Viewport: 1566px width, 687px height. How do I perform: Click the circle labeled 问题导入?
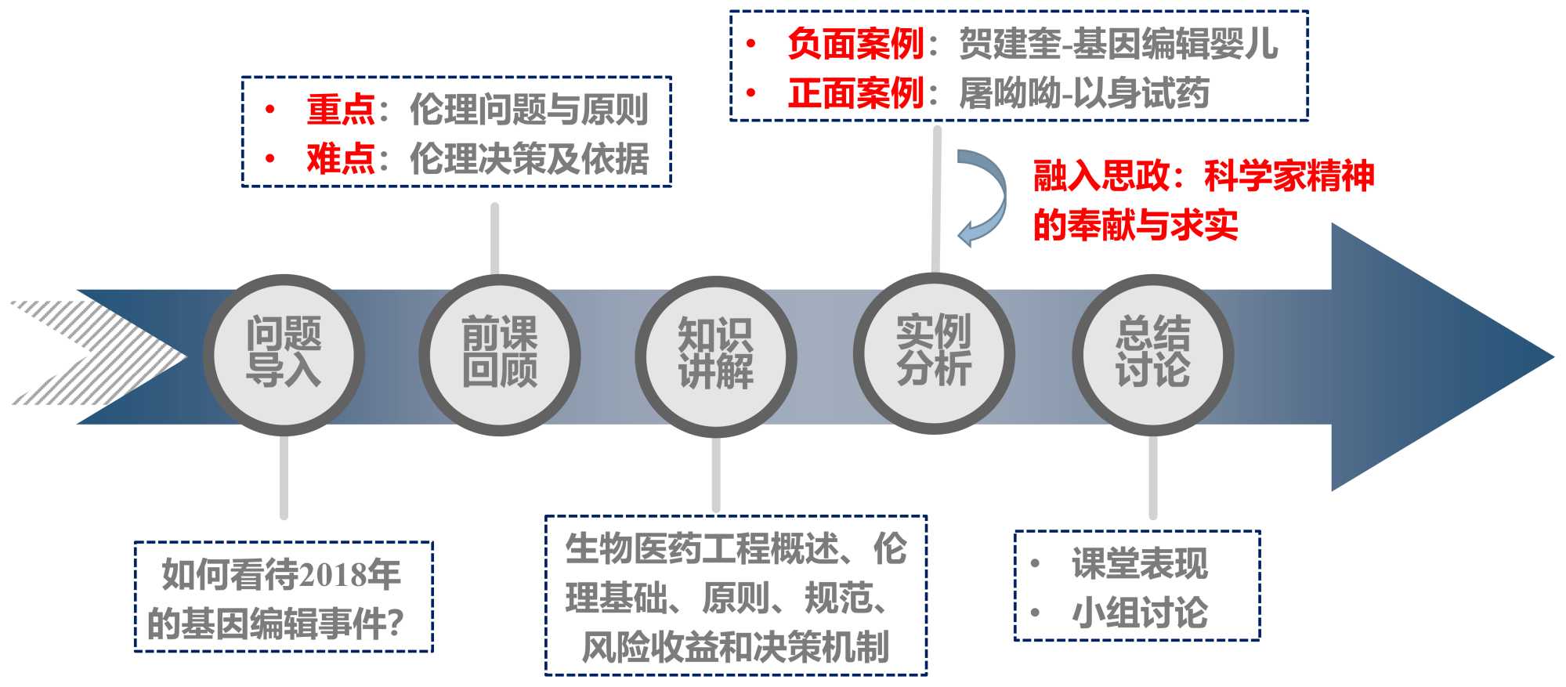284,354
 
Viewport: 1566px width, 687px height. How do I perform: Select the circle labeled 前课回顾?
500,354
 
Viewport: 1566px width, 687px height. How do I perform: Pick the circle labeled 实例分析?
934,353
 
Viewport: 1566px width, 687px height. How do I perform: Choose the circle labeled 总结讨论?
1153,354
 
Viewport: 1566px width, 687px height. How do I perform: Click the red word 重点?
341,109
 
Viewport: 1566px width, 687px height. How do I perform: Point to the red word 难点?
341,159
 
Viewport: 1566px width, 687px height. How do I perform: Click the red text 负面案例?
855,43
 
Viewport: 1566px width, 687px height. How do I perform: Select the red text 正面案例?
855,93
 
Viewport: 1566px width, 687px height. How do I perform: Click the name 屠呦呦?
1010,93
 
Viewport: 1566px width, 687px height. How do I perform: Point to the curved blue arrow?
983,197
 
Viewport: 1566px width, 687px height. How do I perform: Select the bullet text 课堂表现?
1140,563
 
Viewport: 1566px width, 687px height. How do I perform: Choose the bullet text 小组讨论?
1140,613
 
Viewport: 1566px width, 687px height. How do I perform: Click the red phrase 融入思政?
1101,175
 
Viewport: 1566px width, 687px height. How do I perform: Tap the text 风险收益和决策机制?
735,647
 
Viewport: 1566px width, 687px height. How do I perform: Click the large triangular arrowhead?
1426,357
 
